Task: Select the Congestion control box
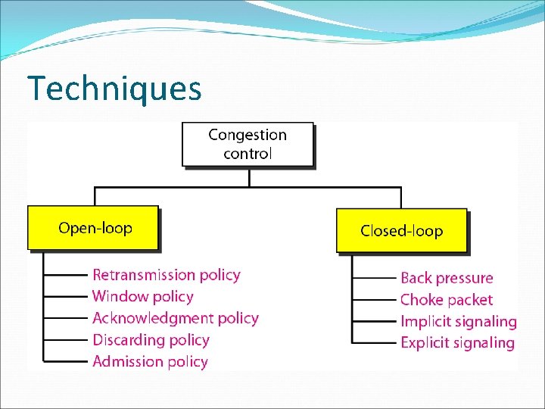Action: [x=248, y=144]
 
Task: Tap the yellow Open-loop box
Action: [x=93, y=228]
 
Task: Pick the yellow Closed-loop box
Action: [x=401, y=231]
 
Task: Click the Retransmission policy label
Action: [x=166, y=275]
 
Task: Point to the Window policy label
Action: [x=142, y=296]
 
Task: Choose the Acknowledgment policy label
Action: [x=175, y=318]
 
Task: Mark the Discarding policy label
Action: [x=151, y=340]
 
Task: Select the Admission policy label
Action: [x=150, y=361]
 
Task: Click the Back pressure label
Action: [x=447, y=278]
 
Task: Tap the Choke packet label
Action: [x=446, y=300]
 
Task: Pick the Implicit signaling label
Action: [x=458, y=321]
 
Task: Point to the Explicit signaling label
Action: [x=457, y=342]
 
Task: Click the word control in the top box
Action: [x=248, y=153]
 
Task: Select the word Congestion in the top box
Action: [x=248, y=135]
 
